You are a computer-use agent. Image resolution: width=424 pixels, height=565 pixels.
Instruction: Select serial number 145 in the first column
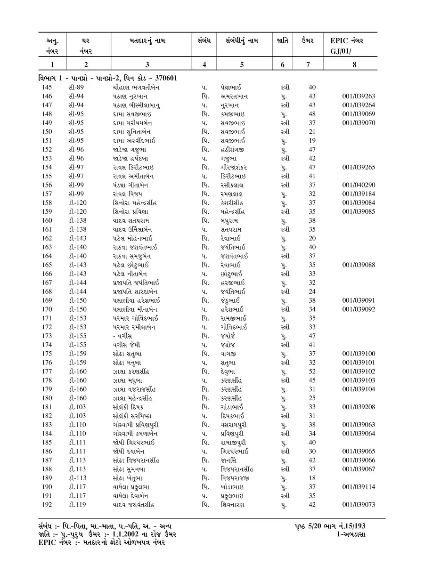[47, 88]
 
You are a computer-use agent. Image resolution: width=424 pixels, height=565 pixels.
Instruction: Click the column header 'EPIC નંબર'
[347, 41]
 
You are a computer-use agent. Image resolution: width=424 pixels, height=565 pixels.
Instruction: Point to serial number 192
[47, 505]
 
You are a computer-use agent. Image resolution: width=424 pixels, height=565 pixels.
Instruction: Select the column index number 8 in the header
[354, 65]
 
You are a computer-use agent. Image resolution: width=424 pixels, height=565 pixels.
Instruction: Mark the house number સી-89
[76, 88]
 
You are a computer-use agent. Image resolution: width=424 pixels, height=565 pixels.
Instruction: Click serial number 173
[47, 336]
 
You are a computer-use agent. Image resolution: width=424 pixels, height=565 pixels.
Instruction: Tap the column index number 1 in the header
[52, 65]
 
